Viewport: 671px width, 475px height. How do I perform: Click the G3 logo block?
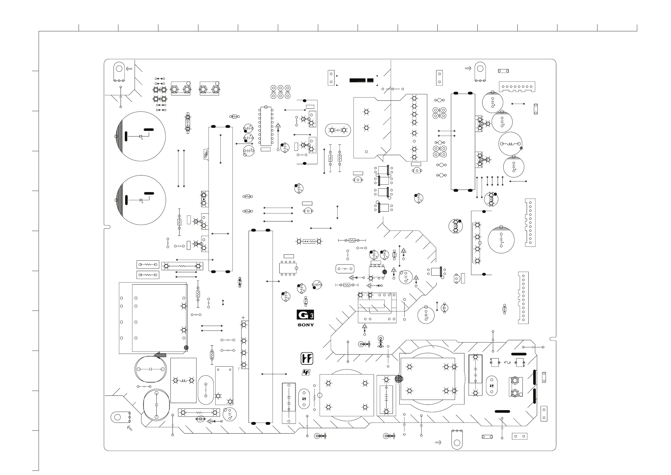click(x=305, y=315)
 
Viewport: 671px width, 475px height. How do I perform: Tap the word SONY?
click(x=306, y=325)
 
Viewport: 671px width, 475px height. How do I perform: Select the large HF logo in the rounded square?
click(x=307, y=359)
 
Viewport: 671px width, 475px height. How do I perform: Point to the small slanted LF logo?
click(x=306, y=372)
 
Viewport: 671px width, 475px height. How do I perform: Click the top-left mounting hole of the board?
click(x=119, y=69)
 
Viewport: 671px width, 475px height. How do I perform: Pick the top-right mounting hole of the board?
click(x=480, y=69)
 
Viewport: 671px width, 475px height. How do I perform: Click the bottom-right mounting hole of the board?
click(x=457, y=443)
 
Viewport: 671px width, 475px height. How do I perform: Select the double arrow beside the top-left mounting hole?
click(x=129, y=69)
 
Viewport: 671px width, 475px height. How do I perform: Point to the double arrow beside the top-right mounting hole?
click(x=468, y=69)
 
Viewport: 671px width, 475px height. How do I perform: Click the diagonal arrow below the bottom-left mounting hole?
click(x=130, y=428)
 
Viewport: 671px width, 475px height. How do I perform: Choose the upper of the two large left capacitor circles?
click(x=141, y=136)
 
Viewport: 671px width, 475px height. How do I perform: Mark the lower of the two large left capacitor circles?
click(x=141, y=200)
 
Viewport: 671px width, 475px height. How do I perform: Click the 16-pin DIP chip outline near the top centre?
click(x=266, y=126)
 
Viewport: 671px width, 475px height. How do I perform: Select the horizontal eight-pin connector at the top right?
click(x=517, y=87)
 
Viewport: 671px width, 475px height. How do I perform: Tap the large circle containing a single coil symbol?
click(x=510, y=144)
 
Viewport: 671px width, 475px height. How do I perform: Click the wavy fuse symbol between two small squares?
click(x=507, y=363)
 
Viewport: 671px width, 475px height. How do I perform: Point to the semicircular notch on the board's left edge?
click(x=107, y=227)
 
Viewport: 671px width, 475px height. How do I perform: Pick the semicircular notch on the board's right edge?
click(x=553, y=339)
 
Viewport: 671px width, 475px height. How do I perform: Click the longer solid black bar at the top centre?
click(x=357, y=80)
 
